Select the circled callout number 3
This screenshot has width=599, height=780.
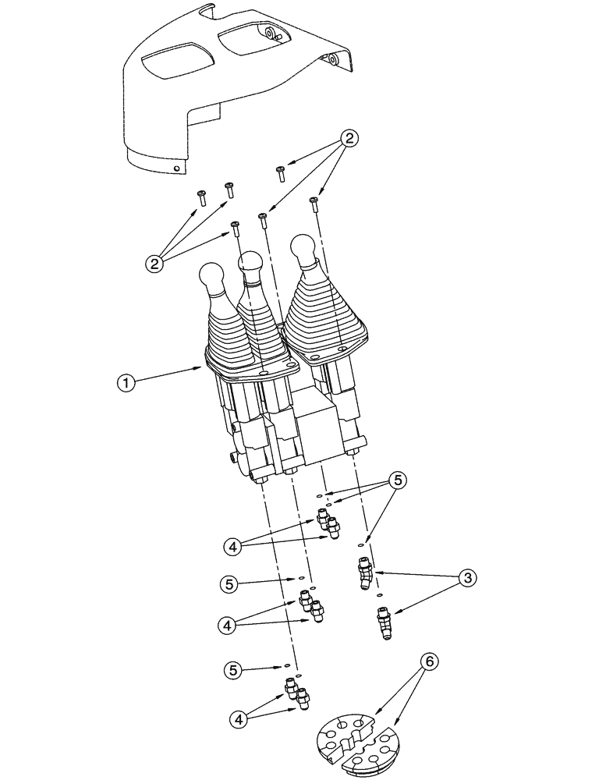(466, 578)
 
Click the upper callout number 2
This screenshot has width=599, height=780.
(350, 139)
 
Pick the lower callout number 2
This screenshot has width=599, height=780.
(156, 264)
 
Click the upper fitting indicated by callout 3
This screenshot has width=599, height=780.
(365, 575)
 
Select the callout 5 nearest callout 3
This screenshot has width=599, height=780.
(397, 481)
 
